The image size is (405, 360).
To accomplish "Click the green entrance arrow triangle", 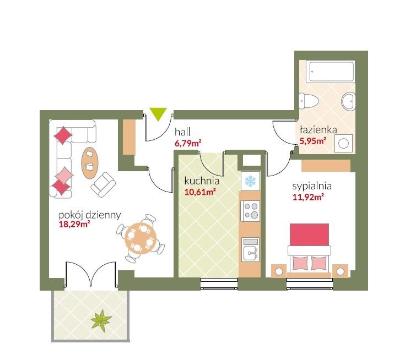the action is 158,114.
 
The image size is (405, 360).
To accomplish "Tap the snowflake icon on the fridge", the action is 250,181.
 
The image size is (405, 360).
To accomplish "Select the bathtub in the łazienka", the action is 330,72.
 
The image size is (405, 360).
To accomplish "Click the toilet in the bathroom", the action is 309,101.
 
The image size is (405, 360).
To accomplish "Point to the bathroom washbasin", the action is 348,101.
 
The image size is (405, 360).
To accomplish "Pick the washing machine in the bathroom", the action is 343,143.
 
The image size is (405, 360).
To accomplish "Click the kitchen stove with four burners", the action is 250,211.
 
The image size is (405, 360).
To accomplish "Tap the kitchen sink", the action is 251,249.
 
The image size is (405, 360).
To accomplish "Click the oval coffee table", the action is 90,162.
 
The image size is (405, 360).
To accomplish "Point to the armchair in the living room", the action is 103,184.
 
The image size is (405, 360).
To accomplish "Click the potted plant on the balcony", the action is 101,320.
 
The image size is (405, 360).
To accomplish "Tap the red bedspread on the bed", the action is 309,234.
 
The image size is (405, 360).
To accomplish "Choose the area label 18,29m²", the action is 74,224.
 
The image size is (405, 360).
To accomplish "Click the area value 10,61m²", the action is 200,192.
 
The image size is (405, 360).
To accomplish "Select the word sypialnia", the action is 312,186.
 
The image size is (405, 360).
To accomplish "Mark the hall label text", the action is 182,132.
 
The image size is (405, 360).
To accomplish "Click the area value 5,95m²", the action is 312,141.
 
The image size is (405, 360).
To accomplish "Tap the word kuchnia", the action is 202,181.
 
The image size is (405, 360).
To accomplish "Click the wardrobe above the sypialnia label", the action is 326,166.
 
